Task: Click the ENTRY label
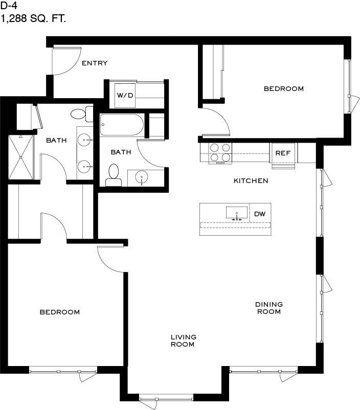click(95, 63)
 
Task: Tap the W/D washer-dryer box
click(125, 96)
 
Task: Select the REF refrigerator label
click(283, 153)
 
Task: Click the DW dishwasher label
click(260, 214)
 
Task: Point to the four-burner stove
click(220, 153)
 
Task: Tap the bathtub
click(122, 125)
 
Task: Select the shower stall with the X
click(21, 157)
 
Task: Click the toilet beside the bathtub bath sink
click(114, 176)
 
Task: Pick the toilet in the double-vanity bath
click(82, 114)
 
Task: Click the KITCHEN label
click(251, 180)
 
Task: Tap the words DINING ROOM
click(269, 308)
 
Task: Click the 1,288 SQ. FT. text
click(33, 19)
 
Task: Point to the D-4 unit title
click(9, 5)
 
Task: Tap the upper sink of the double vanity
click(84, 140)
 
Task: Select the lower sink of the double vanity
click(84, 166)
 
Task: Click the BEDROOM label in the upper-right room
click(284, 89)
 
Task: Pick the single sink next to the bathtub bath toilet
click(142, 177)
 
